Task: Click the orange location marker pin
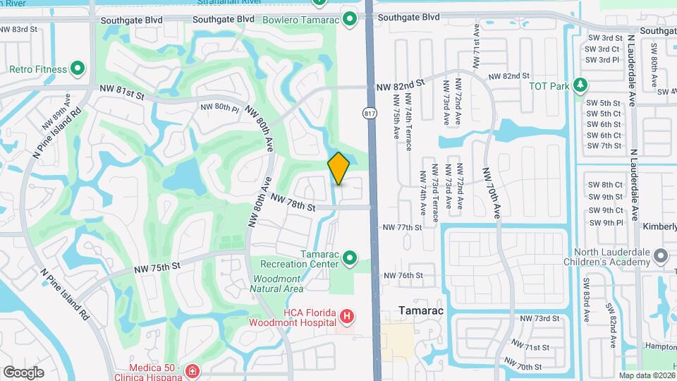[x=339, y=168]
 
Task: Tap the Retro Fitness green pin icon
[x=78, y=69]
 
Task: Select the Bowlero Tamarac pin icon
[x=349, y=18]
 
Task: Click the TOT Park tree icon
[x=580, y=85]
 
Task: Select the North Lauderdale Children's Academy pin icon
[x=660, y=255]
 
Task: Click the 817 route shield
[x=369, y=112]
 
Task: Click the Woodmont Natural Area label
[x=278, y=284]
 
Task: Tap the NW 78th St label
[x=292, y=205]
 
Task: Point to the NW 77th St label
[x=402, y=227]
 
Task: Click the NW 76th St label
[x=403, y=275]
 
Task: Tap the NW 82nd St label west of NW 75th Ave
[x=401, y=84]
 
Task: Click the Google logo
[x=23, y=372]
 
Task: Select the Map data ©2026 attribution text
[x=646, y=375]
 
